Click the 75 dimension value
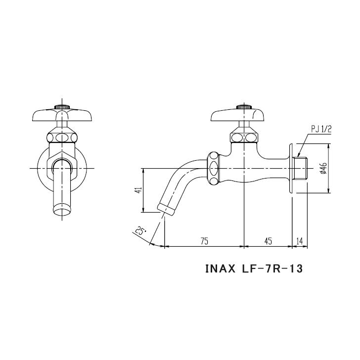tap(204, 241)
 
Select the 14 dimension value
tap(299, 241)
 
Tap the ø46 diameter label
tap(322, 169)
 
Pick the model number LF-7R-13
tap(272, 269)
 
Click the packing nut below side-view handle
tap(243, 136)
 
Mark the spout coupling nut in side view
tap(214, 168)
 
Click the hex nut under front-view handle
tap(62, 136)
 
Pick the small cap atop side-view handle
tap(243, 106)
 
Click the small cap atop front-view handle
tap(62, 106)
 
